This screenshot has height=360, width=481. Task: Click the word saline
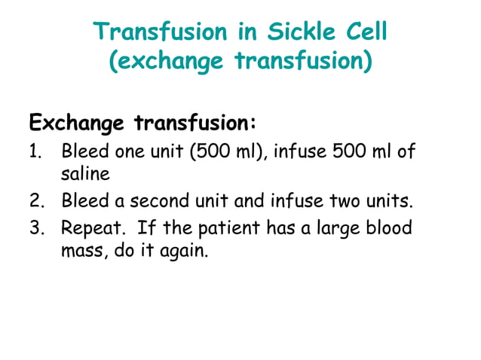click(x=85, y=174)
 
